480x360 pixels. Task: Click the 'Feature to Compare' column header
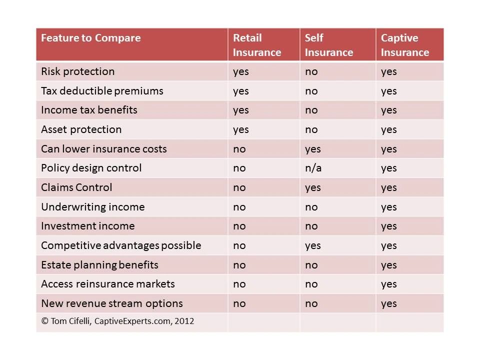pyautogui.click(x=91, y=38)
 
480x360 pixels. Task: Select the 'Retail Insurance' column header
pyautogui.click(x=257, y=45)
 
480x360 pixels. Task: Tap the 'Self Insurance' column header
pyautogui.click(x=329, y=45)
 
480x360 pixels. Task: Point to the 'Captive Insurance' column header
pyautogui.click(x=404, y=45)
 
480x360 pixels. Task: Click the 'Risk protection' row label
pyautogui.click(x=78, y=71)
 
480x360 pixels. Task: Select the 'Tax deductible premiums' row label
pyautogui.click(x=102, y=91)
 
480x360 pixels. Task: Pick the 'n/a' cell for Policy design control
pyautogui.click(x=313, y=168)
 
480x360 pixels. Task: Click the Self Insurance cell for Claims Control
pyautogui.click(x=313, y=188)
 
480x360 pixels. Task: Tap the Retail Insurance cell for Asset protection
pyautogui.click(x=241, y=130)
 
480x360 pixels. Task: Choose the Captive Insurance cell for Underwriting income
pyautogui.click(x=389, y=207)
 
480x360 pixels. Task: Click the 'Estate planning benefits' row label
pyautogui.click(x=99, y=265)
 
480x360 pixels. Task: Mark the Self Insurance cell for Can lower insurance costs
pyautogui.click(x=313, y=149)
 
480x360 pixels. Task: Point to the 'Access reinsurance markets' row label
pyautogui.click(x=108, y=284)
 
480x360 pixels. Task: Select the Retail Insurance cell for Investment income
pyautogui.click(x=239, y=226)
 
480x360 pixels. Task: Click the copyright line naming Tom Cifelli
pyautogui.click(x=117, y=321)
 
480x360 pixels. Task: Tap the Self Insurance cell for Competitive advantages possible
pyautogui.click(x=313, y=246)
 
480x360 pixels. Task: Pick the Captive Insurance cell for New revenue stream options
pyautogui.click(x=389, y=304)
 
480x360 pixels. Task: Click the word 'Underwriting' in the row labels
pyautogui.click(x=73, y=207)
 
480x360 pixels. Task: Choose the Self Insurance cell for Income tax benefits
pyautogui.click(x=311, y=110)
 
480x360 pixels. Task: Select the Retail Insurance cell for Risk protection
pyautogui.click(x=241, y=72)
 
